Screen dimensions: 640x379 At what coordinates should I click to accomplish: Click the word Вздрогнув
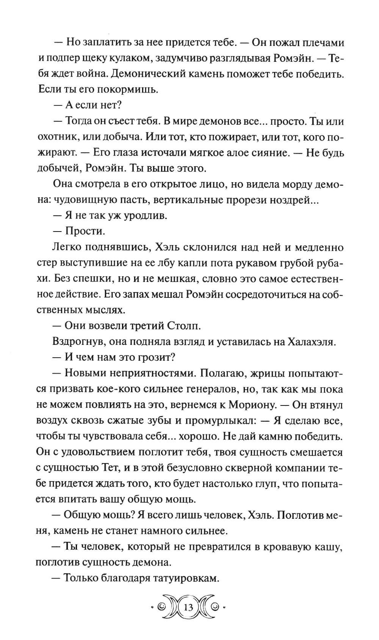78,341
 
